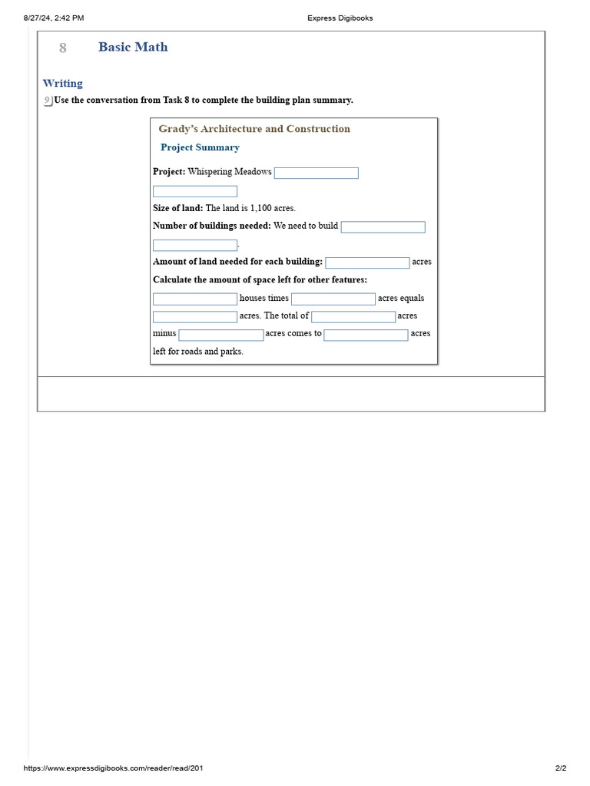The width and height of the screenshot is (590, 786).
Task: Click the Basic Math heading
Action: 133,47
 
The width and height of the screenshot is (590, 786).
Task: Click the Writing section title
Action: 63,83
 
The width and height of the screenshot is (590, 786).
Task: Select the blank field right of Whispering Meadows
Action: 317,173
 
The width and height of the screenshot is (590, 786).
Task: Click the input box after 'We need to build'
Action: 383,227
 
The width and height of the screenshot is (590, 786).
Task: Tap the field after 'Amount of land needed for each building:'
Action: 367,263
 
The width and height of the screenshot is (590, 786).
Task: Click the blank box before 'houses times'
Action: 195,299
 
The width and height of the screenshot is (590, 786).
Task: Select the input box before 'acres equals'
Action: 333,299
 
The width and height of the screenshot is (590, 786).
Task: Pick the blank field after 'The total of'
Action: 353,316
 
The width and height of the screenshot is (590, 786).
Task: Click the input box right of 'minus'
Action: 221,335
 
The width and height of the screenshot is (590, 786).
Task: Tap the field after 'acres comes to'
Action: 366,335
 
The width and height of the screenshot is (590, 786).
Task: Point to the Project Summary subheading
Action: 200,147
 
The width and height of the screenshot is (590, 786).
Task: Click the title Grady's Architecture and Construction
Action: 254,129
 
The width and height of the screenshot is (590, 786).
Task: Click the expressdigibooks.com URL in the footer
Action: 114,768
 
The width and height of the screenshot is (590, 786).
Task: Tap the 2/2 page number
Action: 560,768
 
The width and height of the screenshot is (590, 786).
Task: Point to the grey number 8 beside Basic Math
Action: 63,48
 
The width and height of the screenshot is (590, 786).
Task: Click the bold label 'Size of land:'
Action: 178,208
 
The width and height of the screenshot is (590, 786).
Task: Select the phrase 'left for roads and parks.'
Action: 198,352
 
